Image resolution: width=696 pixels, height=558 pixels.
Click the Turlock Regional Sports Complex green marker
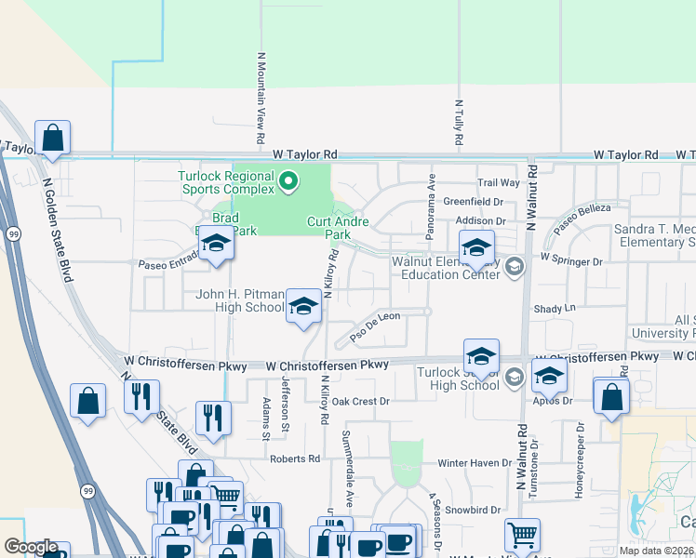(288, 180)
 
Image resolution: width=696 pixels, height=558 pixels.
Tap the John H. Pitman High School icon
(303, 306)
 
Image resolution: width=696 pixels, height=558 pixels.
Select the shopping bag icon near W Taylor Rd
(53, 139)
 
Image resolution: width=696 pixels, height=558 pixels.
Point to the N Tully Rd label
(459, 124)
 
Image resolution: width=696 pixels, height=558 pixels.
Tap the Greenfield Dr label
(473, 201)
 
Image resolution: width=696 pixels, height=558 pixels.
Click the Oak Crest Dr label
(360, 402)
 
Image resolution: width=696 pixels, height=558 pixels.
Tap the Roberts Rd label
(295, 458)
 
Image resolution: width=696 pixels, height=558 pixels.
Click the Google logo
(31, 547)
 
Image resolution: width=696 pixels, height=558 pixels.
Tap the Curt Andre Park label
(339, 228)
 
